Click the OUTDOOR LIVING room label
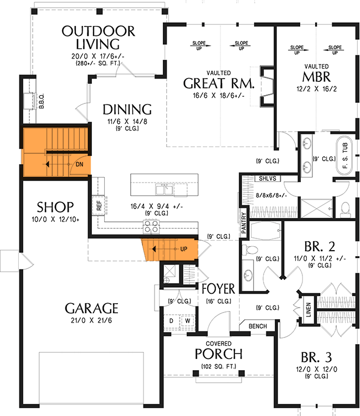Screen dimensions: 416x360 tap(99, 37)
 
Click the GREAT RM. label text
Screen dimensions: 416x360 tap(219, 84)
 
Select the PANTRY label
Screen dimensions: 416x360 tap(243, 222)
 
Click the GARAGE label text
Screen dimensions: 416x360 tap(91, 308)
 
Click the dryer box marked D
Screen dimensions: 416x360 tap(172, 321)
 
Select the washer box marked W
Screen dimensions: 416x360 tap(187, 321)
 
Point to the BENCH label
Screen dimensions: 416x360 tap(258, 326)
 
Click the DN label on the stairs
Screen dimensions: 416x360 tap(80, 164)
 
